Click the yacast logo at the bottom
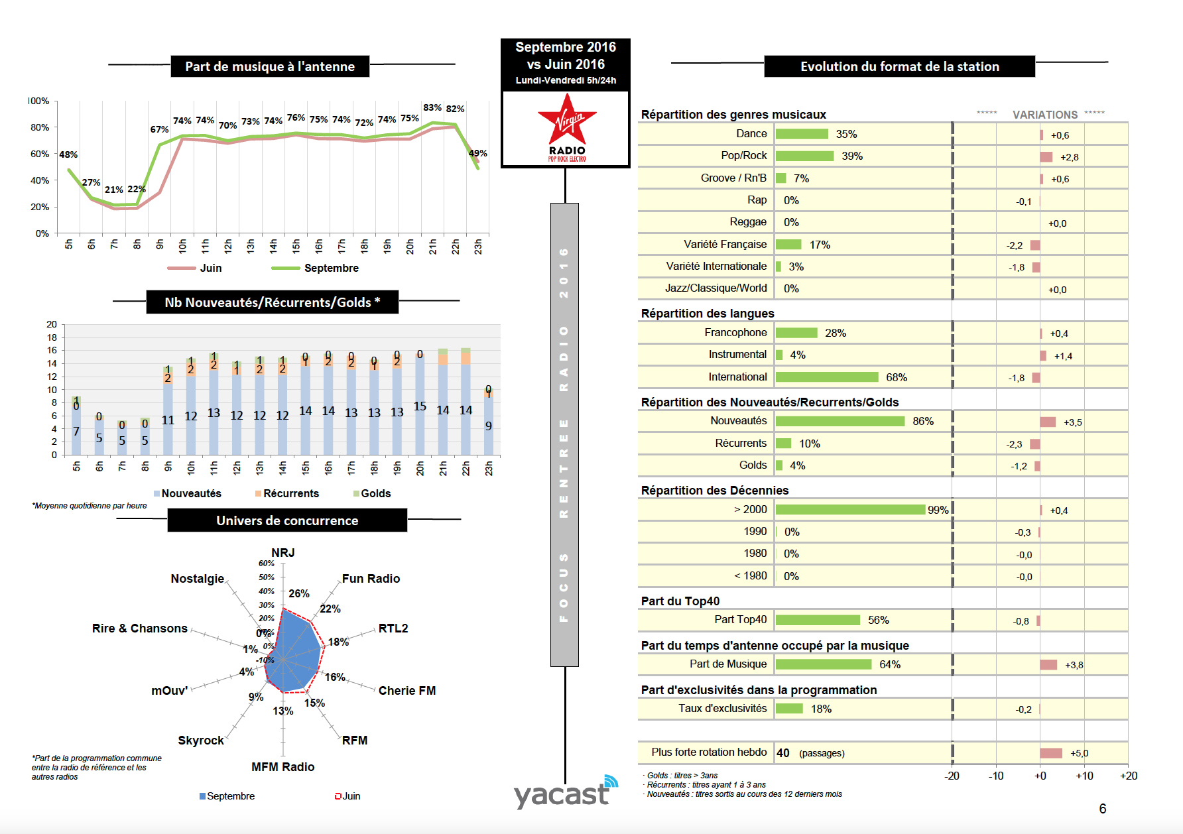click(x=564, y=793)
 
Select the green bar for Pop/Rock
click(x=804, y=156)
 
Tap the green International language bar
click(x=826, y=377)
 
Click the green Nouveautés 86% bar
click(x=840, y=422)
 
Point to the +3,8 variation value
click(x=1074, y=665)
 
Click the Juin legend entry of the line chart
click(x=210, y=268)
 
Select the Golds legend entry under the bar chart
click(x=375, y=493)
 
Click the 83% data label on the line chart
click(x=432, y=107)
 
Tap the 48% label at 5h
click(x=68, y=154)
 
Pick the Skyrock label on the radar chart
click(x=200, y=741)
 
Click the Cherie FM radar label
click(x=406, y=691)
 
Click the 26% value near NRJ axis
click(x=298, y=593)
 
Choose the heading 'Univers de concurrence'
click(x=287, y=520)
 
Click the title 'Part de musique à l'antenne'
click(x=270, y=66)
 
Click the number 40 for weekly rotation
click(x=783, y=753)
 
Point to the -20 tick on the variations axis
click(x=952, y=776)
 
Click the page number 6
click(x=1102, y=808)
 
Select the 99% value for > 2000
click(x=938, y=510)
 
